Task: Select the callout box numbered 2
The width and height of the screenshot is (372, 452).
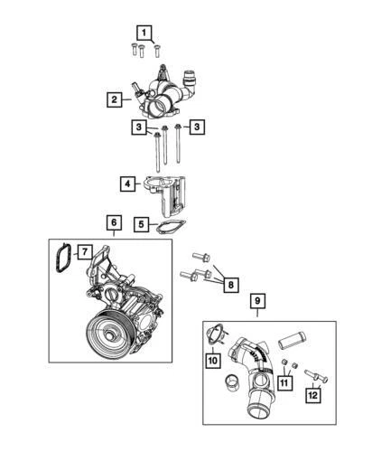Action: [115, 99]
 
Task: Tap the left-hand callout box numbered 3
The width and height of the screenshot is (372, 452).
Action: [138, 128]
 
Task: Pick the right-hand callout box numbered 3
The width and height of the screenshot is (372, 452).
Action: [197, 128]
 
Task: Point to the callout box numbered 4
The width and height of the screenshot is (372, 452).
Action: [128, 184]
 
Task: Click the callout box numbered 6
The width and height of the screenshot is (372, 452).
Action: [114, 222]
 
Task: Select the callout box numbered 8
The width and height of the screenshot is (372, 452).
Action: [229, 285]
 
